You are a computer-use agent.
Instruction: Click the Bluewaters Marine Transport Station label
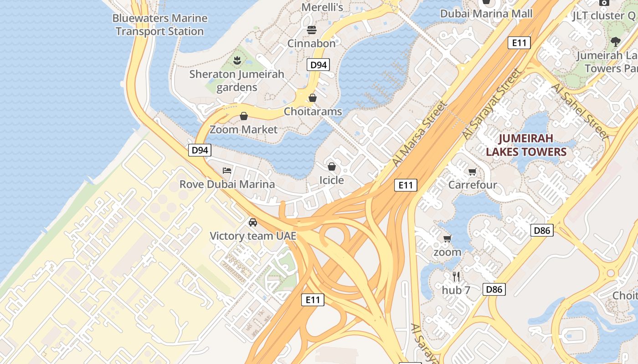(x=159, y=25)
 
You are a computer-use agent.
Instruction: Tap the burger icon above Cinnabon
(x=312, y=30)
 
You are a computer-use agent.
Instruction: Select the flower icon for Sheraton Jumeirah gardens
(x=237, y=60)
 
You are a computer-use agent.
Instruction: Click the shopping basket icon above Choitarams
(x=313, y=98)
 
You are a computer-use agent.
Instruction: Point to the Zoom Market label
(x=243, y=130)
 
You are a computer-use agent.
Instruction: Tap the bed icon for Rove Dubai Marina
(x=227, y=171)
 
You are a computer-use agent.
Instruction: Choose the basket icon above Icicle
(x=332, y=167)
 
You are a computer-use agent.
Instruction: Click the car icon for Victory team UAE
(x=253, y=222)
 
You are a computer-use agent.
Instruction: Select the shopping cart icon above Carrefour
(x=473, y=172)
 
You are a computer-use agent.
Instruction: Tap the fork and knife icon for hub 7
(x=456, y=276)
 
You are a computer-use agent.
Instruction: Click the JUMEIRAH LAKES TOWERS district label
(x=526, y=145)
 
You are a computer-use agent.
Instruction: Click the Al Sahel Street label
(x=580, y=111)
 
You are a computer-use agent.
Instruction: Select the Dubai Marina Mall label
(x=486, y=14)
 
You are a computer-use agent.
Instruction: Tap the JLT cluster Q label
(x=604, y=15)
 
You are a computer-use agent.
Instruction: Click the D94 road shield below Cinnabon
(x=319, y=65)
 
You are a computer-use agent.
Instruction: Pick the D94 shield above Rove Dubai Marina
(x=200, y=150)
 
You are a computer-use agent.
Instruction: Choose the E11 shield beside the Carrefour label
(x=405, y=185)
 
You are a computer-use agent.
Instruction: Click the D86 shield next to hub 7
(x=494, y=289)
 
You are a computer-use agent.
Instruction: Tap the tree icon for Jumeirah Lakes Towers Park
(x=616, y=42)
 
